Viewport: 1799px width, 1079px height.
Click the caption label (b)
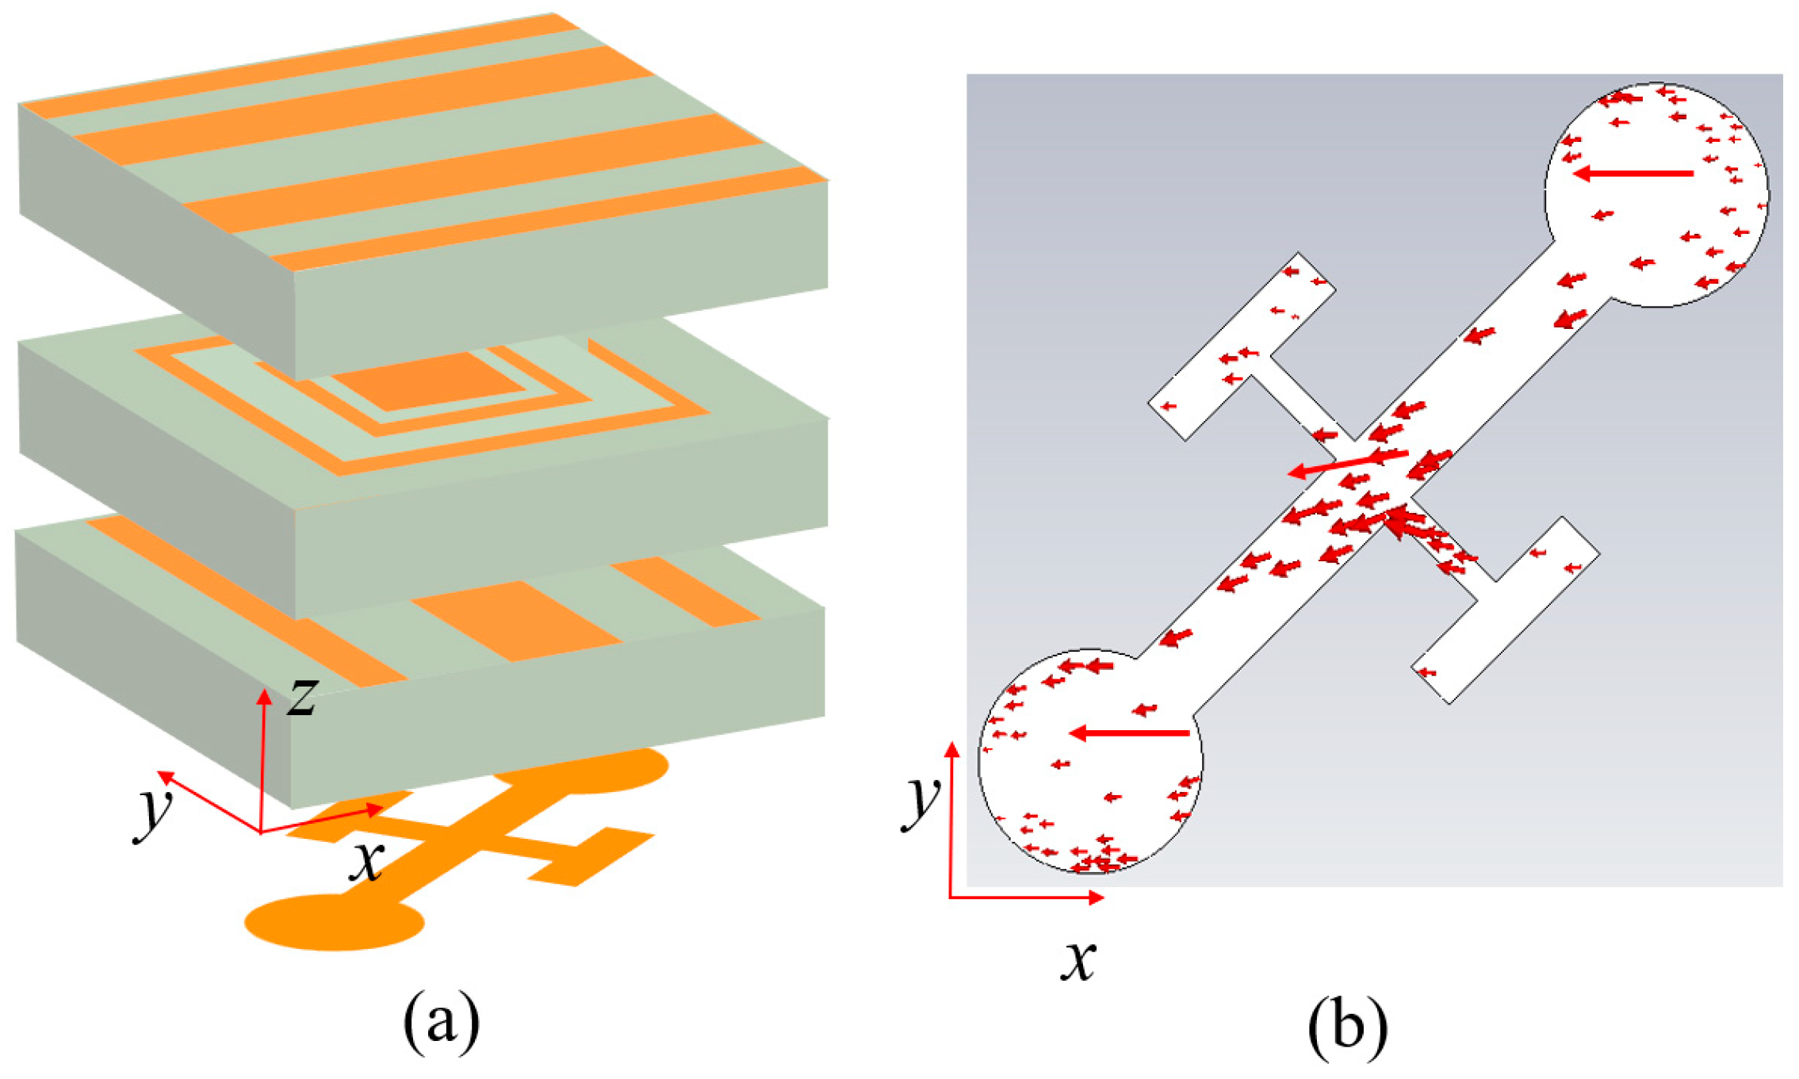[1347, 1027]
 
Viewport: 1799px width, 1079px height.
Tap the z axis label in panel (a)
[302, 698]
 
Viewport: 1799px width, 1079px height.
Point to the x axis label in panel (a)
[366, 862]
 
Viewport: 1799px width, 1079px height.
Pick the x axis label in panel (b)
[1078, 961]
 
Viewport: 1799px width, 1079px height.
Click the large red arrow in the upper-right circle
[1633, 173]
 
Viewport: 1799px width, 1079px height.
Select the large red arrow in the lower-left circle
[1129, 733]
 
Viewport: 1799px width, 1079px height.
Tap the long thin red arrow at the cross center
[1347, 463]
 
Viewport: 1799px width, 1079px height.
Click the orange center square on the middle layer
[428, 380]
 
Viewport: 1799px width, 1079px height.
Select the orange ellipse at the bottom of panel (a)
[334, 921]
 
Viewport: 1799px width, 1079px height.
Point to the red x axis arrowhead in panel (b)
[1096, 897]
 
